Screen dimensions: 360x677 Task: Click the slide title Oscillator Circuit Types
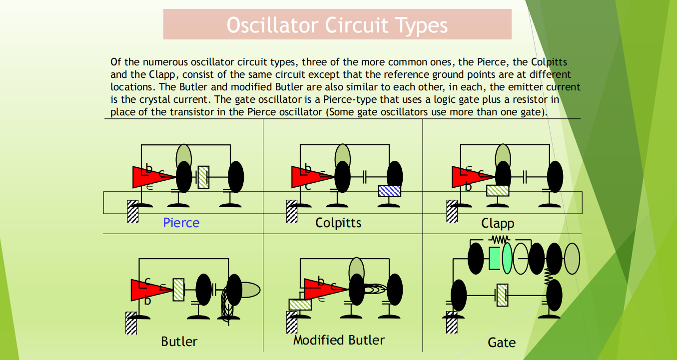click(x=337, y=24)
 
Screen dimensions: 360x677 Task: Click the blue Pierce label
click(x=181, y=223)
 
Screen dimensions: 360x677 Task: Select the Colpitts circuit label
click(x=338, y=223)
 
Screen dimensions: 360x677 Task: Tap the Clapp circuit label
click(x=498, y=223)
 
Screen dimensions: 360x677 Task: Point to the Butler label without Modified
click(x=179, y=342)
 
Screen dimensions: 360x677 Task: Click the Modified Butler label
click(x=339, y=341)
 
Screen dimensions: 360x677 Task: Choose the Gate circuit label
click(x=501, y=343)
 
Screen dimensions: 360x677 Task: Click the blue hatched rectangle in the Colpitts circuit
click(x=390, y=191)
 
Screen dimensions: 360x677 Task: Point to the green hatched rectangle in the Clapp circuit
click(x=498, y=190)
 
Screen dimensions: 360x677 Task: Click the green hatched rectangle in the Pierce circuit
click(x=203, y=177)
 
